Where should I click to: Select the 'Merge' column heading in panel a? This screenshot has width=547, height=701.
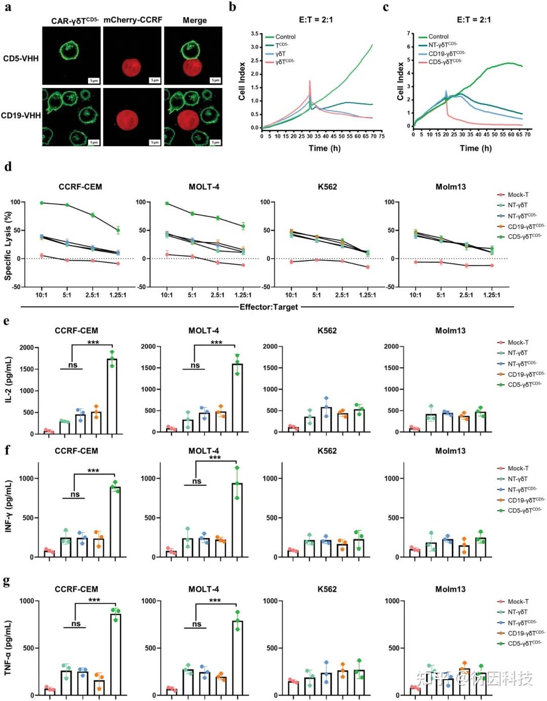point(194,20)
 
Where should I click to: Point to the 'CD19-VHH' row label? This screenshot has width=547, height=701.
point(21,115)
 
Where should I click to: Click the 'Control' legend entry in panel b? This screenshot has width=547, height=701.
point(285,37)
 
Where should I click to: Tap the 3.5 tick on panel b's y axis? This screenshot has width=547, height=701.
point(254,34)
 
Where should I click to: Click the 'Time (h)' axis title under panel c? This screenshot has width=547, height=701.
point(476,148)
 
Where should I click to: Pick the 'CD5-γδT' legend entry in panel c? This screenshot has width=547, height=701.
point(445,62)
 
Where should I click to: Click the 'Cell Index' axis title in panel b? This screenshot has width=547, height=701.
point(242,81)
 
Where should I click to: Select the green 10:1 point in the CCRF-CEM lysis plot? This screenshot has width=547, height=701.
point(42,203)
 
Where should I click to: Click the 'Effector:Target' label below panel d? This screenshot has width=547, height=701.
point(268,307)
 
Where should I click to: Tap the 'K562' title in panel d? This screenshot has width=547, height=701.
point(327,187)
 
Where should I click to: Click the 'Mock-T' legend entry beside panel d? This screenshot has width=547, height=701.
point(518,195)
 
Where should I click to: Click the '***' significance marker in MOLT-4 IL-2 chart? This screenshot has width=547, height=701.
point(216,343)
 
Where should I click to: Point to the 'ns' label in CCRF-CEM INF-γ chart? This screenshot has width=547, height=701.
point(75,494)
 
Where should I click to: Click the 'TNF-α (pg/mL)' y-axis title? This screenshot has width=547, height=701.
point(8,648)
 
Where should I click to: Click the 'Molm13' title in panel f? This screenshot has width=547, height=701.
point(450,451)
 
